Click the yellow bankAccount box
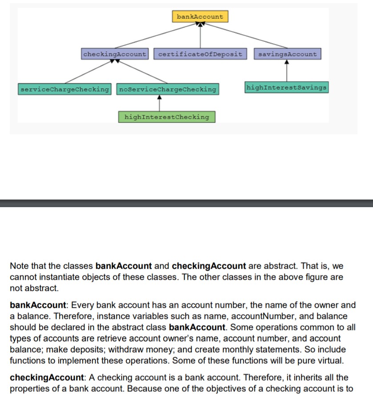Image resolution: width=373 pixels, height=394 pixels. (200, 17)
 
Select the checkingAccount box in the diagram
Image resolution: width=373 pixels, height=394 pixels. (114, 54)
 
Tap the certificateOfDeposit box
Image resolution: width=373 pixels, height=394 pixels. (200, 54)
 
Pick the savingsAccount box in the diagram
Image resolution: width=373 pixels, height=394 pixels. (287, 54)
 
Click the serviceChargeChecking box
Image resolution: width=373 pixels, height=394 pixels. (65, 89)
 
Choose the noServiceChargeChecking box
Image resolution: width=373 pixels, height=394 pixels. (167, 89)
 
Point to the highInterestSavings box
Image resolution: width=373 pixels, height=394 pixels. (287, 87)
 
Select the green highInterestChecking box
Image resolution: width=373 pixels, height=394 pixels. (166, 117)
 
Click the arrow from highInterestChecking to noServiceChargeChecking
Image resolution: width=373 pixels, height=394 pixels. (159, 103)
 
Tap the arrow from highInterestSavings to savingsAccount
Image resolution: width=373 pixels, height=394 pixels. (287, 71)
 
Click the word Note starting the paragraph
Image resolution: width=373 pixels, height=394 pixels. (19, 266)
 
